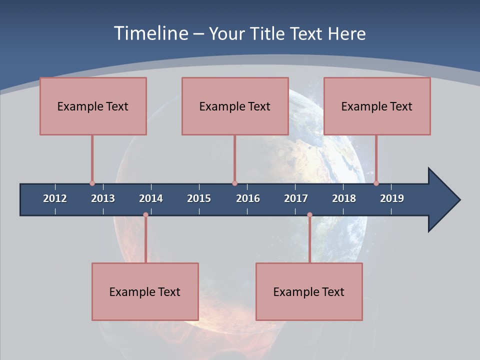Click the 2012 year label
pyautogui.click(x=55, y=198)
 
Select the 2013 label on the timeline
pyautogui.click(x=103, y=198)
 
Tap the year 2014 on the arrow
pyautogui.click(x=151, y=198)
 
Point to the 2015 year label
pyautogui.click(x=199, y=198)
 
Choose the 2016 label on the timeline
pyautogui.click(x=248, y=198)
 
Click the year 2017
pyautogui.click(x=296, y=198)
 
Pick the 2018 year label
pyautogui.click(x=344, y=198)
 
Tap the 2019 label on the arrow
pyautogui.click(x=392, y=198)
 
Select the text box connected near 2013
pyautogui.click(x=93, y=106)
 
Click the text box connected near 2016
pyautogui.click(x=235, y=106)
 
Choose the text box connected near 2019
pyautogui.click(x=377, y=106)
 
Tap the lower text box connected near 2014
pyautogui.click(x=145, y=291)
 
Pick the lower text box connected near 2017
pyautogui.click(x=309, y=291)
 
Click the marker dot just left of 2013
pyautogui.click(x=92, y=183)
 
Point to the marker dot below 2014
pyautogui.click(x=145, y=215)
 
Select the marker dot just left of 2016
pyautogui.click(x=234, y=183)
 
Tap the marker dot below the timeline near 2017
pyautogui.click(x=309, y=215)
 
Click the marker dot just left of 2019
pyautogui.click(x=376, y=183)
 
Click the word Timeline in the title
pyautogui.click(x=150, y=33)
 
